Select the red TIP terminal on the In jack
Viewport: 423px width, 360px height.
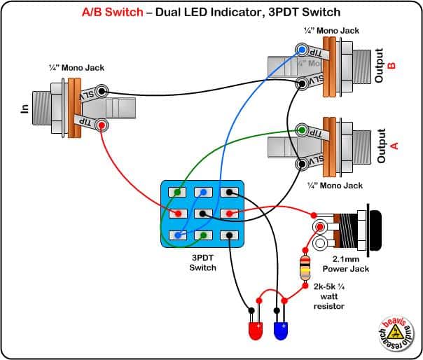102,125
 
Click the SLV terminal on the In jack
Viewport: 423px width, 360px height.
102,91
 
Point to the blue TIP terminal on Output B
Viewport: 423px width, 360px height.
302,50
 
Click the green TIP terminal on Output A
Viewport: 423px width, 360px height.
302,130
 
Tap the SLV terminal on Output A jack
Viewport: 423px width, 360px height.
302,165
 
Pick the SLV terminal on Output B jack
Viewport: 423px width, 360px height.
302,83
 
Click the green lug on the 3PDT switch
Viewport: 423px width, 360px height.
179,192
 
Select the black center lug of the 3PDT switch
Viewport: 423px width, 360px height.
202,214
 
